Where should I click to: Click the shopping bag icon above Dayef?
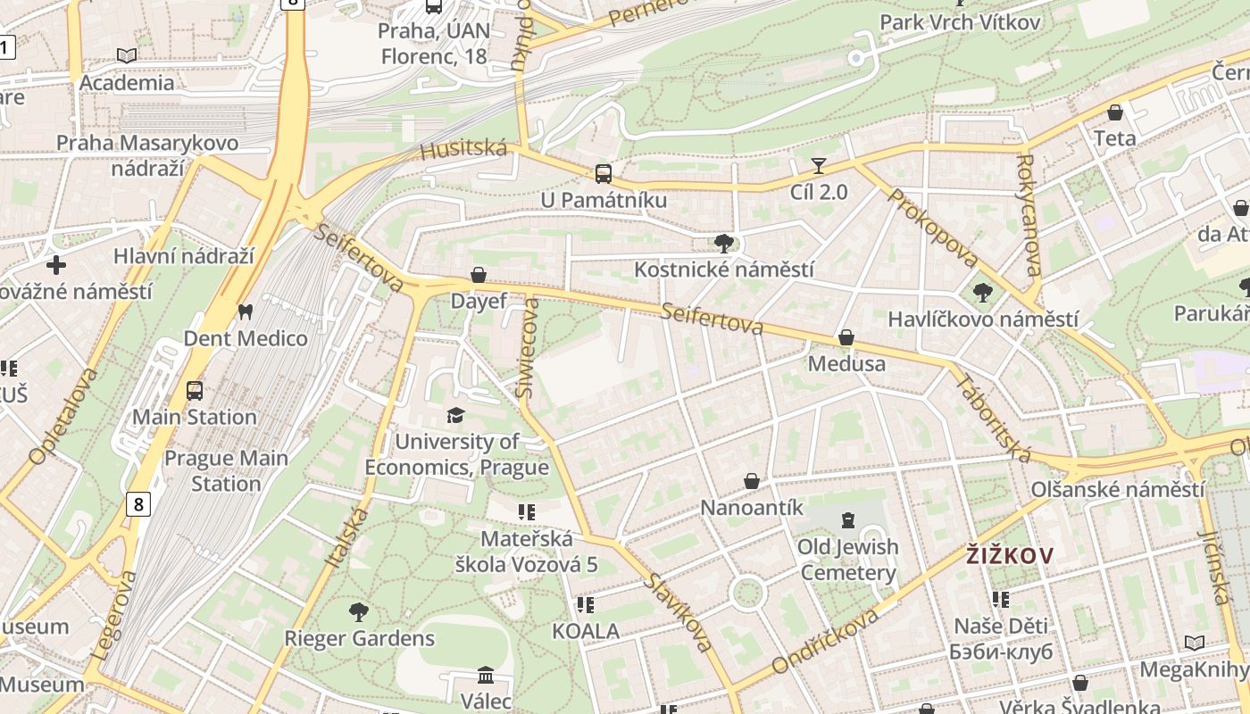tap(479, 275)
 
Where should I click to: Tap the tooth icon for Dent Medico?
tap(245, 312)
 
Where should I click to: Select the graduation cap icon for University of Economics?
tap(456, 416)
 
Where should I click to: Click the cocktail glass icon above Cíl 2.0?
tap(818, 166)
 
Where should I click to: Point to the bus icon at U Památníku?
tap(604, 174)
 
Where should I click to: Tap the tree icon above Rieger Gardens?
tap(359, 612)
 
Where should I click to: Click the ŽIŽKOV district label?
tap(1010, 556)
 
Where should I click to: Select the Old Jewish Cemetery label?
tap(847, 560)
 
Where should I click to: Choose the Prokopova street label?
tap(933, 228)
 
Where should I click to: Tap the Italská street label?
tap(348, 536)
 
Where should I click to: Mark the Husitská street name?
tap(463, 150)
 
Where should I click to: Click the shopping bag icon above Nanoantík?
tap(752, 482)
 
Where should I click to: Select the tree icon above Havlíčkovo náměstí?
tap(982, 293)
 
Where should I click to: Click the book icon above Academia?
tap(127, 56)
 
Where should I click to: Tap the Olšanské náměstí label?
tap(1117, 490)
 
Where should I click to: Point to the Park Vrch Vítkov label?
tap(960, 22)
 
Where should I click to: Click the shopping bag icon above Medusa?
tap(846, 338)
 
